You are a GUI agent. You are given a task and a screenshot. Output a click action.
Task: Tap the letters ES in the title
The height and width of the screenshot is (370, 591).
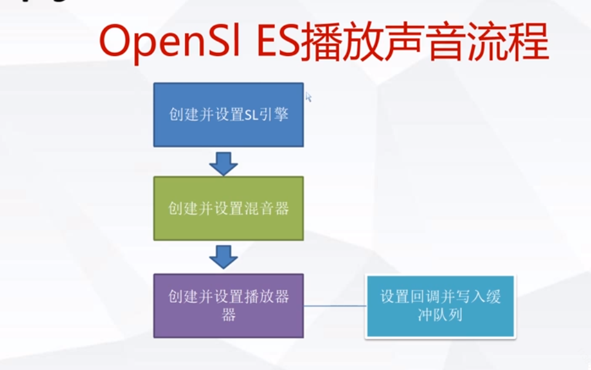[x=274, y=43]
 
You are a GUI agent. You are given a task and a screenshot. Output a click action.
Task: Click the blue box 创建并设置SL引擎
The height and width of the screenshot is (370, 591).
[x=228, y=115]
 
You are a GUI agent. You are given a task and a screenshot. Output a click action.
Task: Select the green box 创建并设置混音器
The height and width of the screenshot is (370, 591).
[x=228, y=208]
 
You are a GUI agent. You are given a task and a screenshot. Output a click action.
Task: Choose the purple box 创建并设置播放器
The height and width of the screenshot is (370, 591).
[x=228, y=305]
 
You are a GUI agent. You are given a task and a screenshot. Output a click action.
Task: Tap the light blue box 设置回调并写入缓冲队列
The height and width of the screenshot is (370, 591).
[x=440, y=306]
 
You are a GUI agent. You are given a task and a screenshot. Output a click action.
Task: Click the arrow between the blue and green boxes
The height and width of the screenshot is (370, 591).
[x=223, y=163]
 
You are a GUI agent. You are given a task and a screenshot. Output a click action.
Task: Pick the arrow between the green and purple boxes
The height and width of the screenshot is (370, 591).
[x=223, y=257]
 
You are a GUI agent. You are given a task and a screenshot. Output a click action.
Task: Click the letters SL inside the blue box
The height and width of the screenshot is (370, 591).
[x=250, y=115]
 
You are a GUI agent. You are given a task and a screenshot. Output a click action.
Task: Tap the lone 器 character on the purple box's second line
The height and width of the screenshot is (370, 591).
[x=229, y=315]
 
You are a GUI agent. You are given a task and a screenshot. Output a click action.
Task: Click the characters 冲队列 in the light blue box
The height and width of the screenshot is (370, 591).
[x=440, y=315]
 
